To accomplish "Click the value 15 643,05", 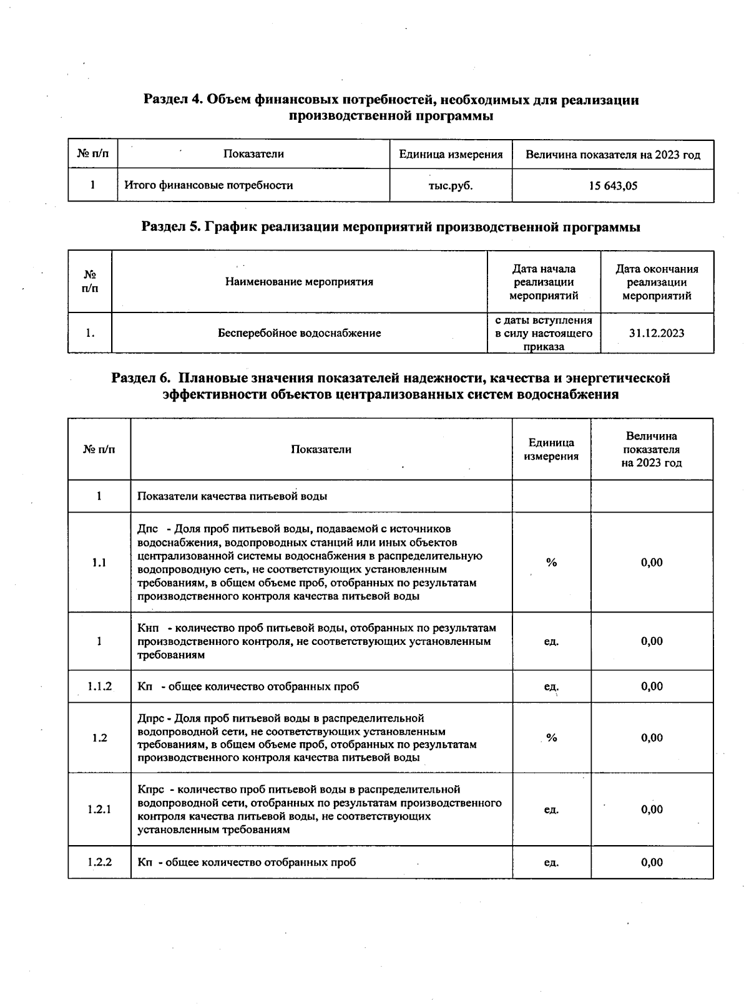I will pos(612,186).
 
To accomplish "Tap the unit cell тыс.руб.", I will pos(450,186).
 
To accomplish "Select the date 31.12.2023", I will pos(657,333).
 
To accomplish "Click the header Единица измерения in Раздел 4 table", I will pos(451,155).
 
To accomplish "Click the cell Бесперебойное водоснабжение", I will pos(299,333).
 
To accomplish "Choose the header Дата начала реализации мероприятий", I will pos(544,282).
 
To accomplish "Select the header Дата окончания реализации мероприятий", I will pos(657,282).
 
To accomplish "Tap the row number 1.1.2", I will pos(99,687).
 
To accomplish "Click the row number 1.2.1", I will pos(99,810).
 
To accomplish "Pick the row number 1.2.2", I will pos(99,863).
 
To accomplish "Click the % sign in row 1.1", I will pos(551,563).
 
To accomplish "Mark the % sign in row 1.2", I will pos(551,738).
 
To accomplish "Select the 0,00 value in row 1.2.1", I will pos(652,810).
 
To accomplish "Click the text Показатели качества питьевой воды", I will pos(232,496).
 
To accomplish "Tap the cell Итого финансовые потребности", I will pos(208,185).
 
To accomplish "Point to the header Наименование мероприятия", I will pos(299,282).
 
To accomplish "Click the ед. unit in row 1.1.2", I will pos(551,687).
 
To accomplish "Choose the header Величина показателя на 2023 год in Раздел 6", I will pos(652,449).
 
